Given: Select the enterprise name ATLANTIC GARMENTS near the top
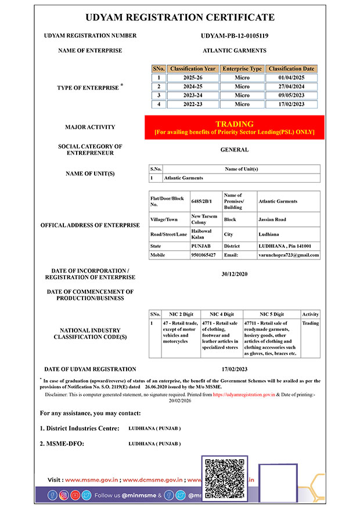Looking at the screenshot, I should point(235,50).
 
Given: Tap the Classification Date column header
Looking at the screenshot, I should point(291,68).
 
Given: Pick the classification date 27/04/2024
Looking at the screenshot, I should point(291,86).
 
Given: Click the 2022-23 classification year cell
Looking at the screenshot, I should point(193,104).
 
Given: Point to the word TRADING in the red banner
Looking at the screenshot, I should point(235,124).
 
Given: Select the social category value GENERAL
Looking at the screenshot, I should point(235,150).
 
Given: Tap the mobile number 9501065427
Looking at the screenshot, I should point(203,255).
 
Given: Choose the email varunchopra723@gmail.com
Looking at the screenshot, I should point(289,255).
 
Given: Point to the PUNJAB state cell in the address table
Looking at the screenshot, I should point(202,246).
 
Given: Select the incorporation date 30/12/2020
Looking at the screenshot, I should point(235,274).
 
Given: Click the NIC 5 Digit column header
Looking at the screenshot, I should point(271,314).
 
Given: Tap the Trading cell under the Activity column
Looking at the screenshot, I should point(311,323).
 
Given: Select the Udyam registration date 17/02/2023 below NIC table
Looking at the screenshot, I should point(235,369).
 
